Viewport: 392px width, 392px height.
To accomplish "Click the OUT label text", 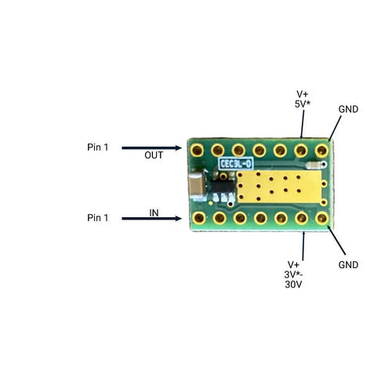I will coord(154,155).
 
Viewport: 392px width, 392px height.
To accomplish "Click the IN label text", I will coord(155,212).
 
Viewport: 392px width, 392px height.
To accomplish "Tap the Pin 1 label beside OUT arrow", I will coord(99,147).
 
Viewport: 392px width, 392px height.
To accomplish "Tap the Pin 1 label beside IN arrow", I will coord(99,217).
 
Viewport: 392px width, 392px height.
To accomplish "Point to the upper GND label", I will coord(348,109).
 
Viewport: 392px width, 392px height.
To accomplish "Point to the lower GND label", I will coord(348,265).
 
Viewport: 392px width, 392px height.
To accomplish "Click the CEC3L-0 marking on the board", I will coord(236,164).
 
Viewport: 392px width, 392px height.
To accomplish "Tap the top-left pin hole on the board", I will coord(199,149).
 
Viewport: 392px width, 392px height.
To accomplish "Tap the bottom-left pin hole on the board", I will coord(199,217).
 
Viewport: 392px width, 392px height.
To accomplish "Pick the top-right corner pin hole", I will coord(321,149).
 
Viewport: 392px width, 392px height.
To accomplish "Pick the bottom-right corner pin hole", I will coord(321,217).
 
